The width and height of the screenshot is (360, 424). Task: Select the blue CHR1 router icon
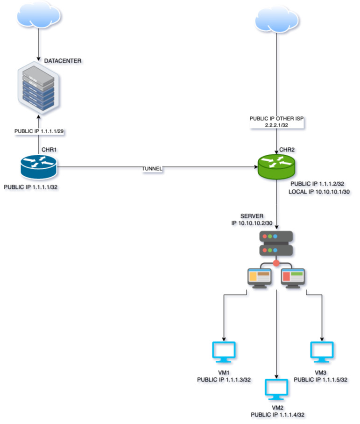click(x=38, y=166)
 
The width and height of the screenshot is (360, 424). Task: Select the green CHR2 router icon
click(x=276, y=166)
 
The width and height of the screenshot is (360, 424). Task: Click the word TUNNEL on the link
click(x=153, y=169)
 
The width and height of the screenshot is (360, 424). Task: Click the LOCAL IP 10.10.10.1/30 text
click(x=318, y=192)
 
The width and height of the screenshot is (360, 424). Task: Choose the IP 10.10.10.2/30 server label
click(x=253, y=224)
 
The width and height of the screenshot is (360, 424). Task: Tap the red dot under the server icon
click(x=276, y=264)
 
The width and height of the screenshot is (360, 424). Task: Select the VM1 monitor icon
click(x=225, y=352)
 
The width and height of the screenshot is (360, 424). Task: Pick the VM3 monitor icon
click(x=322, y=352)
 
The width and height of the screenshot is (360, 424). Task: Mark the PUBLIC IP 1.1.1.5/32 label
click(x=320, y=380)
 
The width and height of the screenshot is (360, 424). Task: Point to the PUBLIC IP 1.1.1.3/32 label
click(x=224, y=380)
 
